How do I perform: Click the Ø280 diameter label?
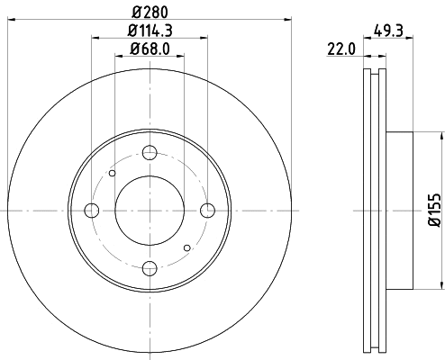coord(149,10)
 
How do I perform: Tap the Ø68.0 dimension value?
coord(149,49)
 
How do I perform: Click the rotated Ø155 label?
coord(433,210)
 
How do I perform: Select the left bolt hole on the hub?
coord(91,211)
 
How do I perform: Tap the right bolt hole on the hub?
coord(207,211)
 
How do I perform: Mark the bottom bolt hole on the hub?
coord(150,267)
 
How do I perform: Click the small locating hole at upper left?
coord(113,174)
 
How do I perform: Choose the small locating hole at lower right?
coord(186,247)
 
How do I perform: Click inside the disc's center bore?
coord(150,211)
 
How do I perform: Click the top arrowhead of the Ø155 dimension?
coord(441,136)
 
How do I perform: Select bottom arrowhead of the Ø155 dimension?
coord(441,284)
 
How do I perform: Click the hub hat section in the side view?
coord(400,211)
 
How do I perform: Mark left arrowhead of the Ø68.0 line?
coord(119,56)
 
